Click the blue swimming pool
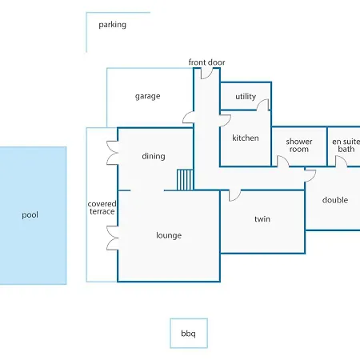tap(33, 215)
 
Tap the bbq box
tap(189, 333)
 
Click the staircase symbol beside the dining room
tap(185, 180)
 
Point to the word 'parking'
tap(112, 25)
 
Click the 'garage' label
tap(147, 96)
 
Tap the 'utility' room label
tap(246, 96)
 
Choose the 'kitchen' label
tap(246, 138)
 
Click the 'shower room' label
tap(299, 145)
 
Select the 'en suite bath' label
tap(346, 145)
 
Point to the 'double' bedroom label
tap(335, 200)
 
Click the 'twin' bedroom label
tap(262, 219)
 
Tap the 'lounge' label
tap(169, 235)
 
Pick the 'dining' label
tap(154, 156)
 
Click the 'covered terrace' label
tap(102, 207)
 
